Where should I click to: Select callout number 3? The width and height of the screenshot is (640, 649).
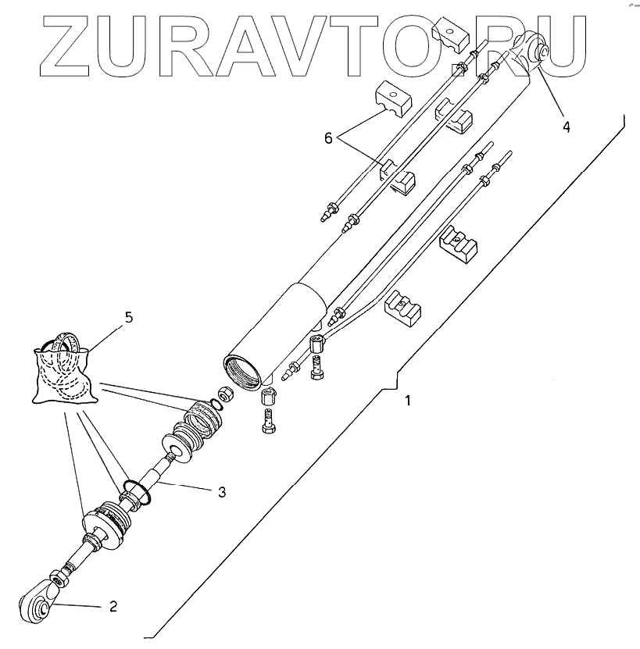[222, 491]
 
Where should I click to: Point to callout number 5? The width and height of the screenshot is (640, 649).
[129, 317]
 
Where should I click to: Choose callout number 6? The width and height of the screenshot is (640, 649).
[329, 137]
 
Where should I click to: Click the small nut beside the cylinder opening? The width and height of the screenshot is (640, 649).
[222, 394]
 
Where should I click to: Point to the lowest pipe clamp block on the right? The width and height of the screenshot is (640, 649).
[403, 307]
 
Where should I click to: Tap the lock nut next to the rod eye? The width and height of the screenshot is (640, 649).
[59, 579]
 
